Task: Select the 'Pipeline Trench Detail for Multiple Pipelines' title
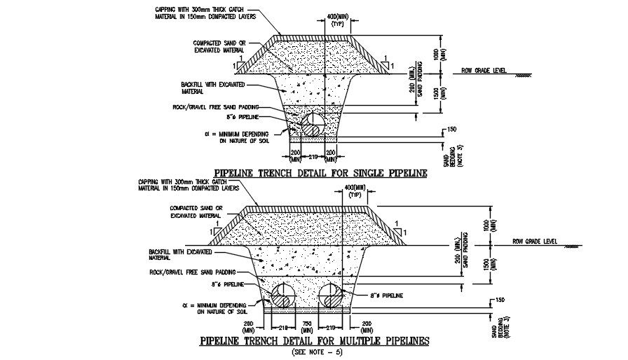click(314, 342)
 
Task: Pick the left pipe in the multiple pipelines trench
click(285, 294)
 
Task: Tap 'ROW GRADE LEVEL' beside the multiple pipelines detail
click(534, 242)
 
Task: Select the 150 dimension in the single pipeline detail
click(451, 130)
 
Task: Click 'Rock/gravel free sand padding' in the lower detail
click(192, 272)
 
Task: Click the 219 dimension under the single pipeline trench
click(312, 156)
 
